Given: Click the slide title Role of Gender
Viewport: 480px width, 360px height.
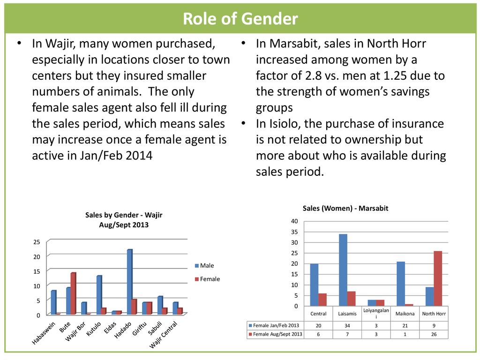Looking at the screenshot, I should (x=240, y=19).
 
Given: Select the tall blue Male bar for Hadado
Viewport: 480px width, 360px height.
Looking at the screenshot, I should (x=129, y=282).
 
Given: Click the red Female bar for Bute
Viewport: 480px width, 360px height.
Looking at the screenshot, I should (x=73, y=293).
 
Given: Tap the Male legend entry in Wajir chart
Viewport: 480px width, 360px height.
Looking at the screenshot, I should (x=207, y=266).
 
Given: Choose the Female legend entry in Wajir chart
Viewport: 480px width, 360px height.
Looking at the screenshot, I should (x=210, y=279).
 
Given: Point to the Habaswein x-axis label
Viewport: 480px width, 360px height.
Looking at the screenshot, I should (x=44, y=333).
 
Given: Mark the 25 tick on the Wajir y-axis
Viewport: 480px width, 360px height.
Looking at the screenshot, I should (x=37, y=242).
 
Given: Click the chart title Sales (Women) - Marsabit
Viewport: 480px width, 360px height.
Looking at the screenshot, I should (x=345, y=208).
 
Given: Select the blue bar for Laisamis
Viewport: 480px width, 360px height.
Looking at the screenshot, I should (x=343, y=270).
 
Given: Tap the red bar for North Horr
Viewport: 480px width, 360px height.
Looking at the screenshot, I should (x=438, y=278).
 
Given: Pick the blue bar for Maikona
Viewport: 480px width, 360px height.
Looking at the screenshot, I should (x=401, y=284).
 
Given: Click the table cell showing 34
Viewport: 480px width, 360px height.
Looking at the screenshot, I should (x=347, y=325).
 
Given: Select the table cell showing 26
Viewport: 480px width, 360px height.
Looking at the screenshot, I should (x=434, y=334).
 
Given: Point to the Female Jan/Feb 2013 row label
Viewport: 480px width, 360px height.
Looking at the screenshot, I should (x=276, y=325).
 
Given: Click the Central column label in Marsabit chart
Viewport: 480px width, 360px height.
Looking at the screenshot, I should (x=319, y=314).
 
